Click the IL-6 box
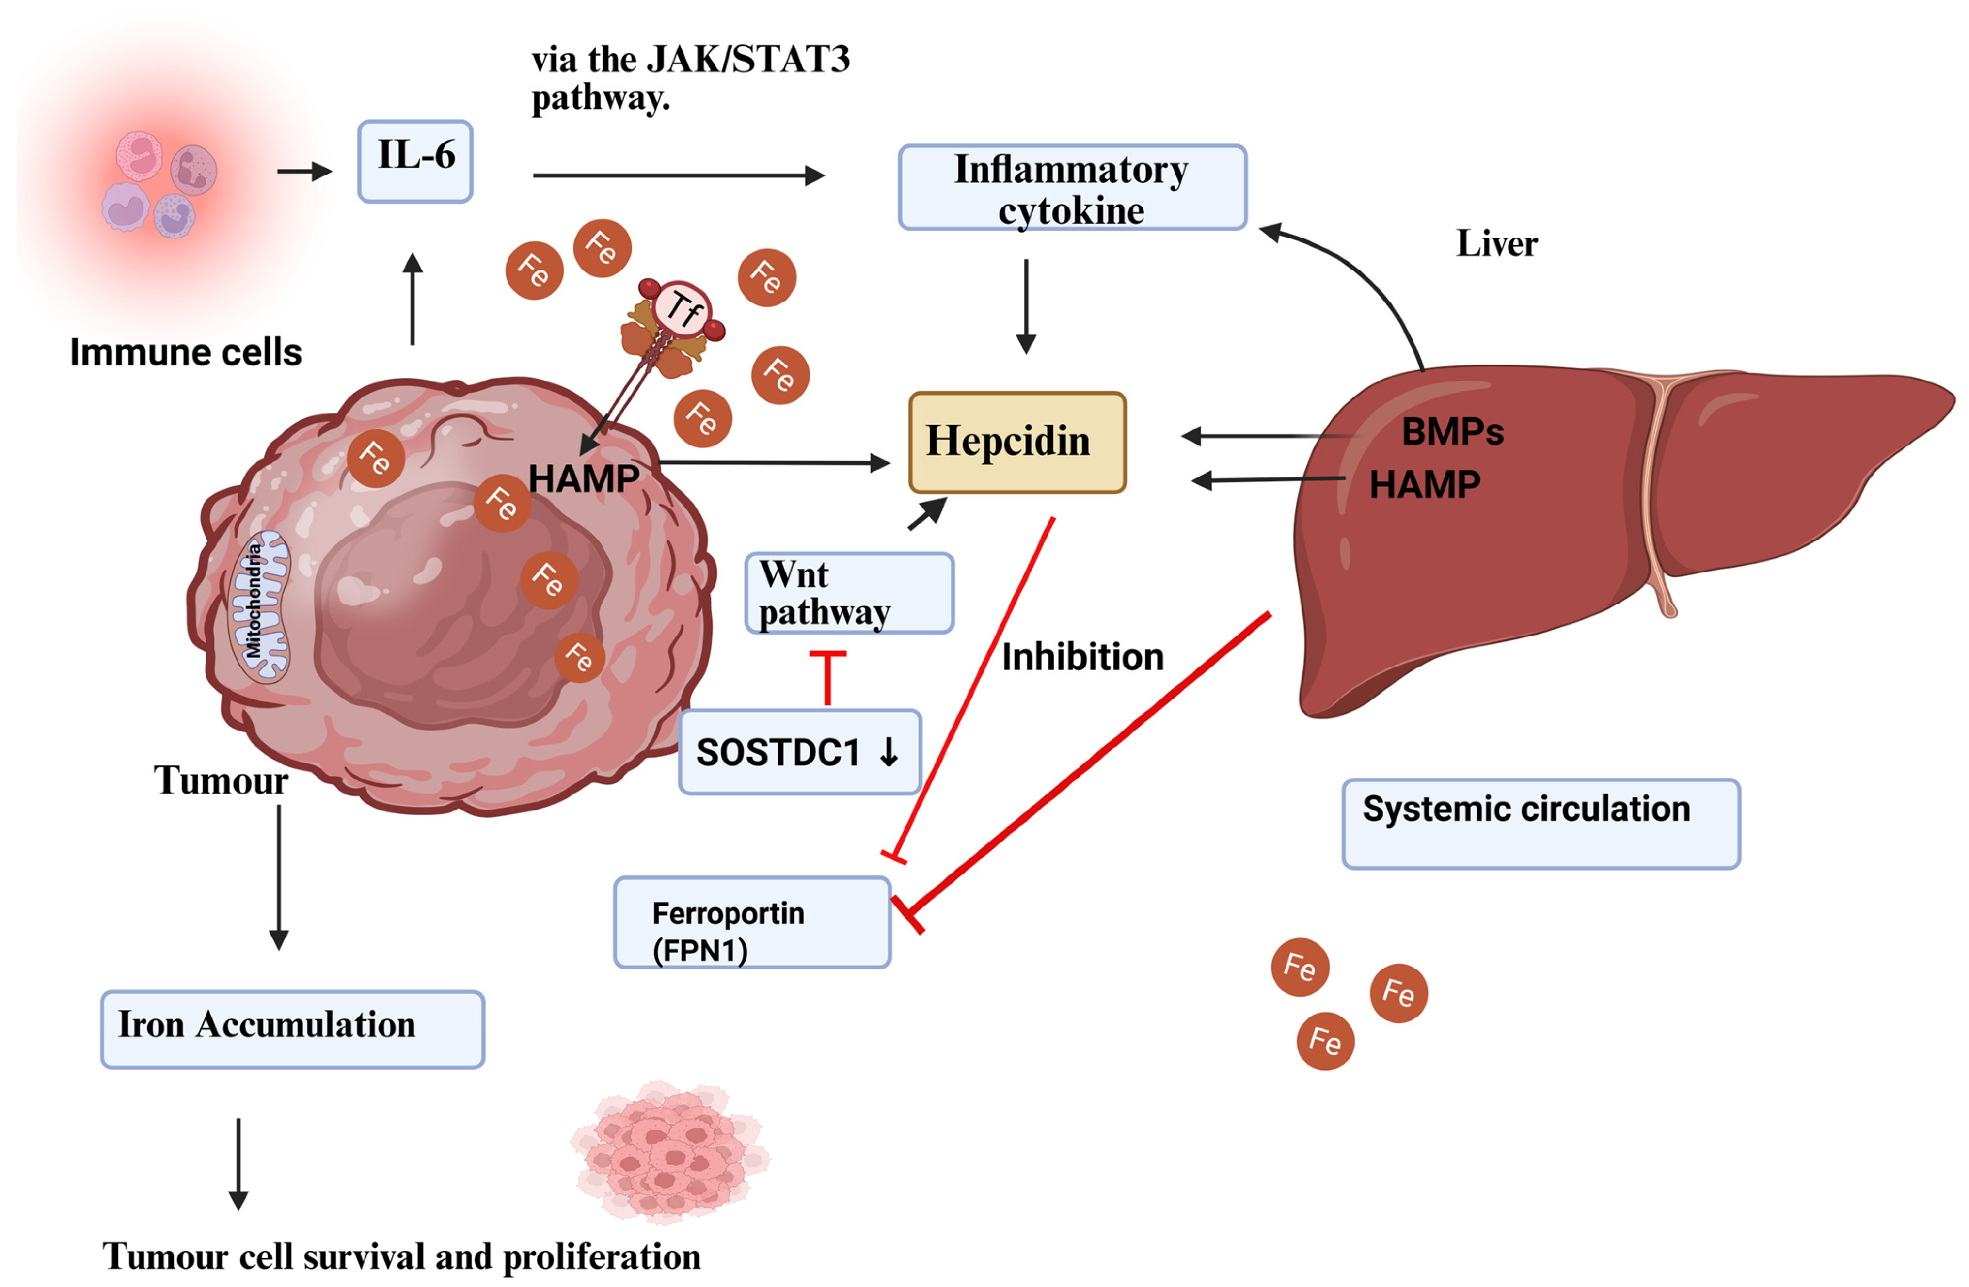click(415, 161)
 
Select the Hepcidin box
click(1017, 443)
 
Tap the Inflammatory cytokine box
click(1073, 188)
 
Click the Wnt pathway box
click(850, 593)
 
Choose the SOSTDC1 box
click(800, 752)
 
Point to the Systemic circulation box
click(1541, 824)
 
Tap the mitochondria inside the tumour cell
click(259, 606)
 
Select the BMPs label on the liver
click(1453, 432)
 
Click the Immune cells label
click(186, 352)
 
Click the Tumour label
click(221, 780)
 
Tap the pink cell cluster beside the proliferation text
click(670, 1150)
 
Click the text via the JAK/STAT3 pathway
click(691, 79)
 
